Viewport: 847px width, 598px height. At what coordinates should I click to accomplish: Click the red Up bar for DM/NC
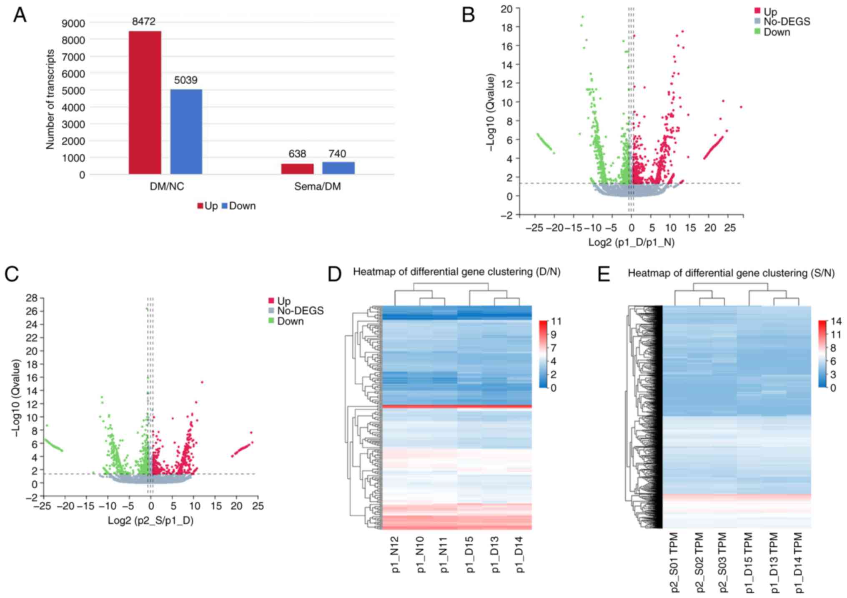click(145, 103)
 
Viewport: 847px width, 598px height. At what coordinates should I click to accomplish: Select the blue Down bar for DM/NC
click(186, 132)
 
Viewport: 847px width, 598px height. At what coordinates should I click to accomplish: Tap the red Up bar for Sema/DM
click(297, 169)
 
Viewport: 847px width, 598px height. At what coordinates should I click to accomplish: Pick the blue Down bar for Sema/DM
click(338, 168)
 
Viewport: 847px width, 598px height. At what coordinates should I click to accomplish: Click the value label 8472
click(144, 22)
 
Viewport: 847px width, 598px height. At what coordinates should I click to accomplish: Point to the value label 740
click(337, 154)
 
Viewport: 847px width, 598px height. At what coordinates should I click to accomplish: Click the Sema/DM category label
click(317, 186)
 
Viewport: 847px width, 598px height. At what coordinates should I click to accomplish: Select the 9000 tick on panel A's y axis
click(73, 23)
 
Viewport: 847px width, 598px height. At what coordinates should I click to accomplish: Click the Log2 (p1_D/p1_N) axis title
click(631, 242)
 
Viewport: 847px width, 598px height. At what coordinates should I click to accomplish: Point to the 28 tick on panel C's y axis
click(32, 298)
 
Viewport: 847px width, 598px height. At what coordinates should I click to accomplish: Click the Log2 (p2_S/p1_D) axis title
click(150, 520)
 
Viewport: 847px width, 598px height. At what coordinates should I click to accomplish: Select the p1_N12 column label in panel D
click(396, 554)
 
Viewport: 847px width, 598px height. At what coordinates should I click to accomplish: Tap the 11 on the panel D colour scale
click(556, 322)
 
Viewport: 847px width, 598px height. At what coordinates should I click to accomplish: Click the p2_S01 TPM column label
click(674, 562)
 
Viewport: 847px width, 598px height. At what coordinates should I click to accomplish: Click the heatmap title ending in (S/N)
click(731, 273)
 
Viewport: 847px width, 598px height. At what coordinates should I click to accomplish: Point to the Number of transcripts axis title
click(50, 99)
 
